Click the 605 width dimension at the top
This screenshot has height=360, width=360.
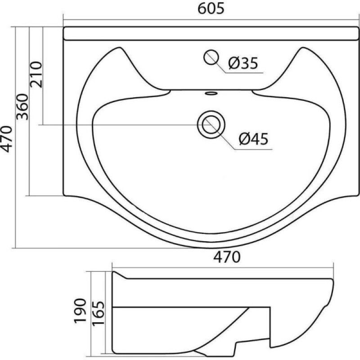211,9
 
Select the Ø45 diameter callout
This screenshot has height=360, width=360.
253,139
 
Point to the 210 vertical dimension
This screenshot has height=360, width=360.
36,74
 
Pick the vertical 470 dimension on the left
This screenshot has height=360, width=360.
6,139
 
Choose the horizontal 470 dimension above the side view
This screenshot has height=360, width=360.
227,257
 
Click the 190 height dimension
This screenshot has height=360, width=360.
80,310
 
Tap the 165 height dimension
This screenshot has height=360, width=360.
98,313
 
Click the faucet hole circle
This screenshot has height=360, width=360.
211,57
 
